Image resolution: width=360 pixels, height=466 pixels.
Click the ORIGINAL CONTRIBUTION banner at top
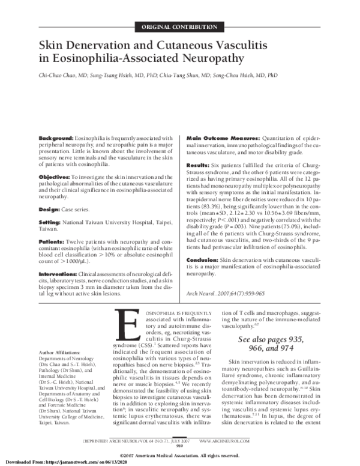(x=179, y=28)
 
